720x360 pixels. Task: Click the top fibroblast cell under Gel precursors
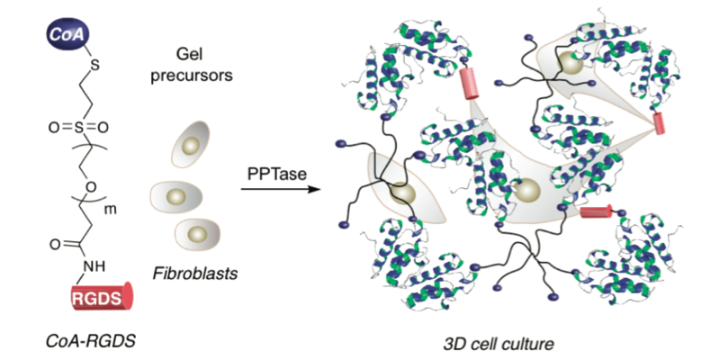189,146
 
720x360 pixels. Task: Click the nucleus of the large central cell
527,191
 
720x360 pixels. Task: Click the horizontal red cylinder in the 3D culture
597,212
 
